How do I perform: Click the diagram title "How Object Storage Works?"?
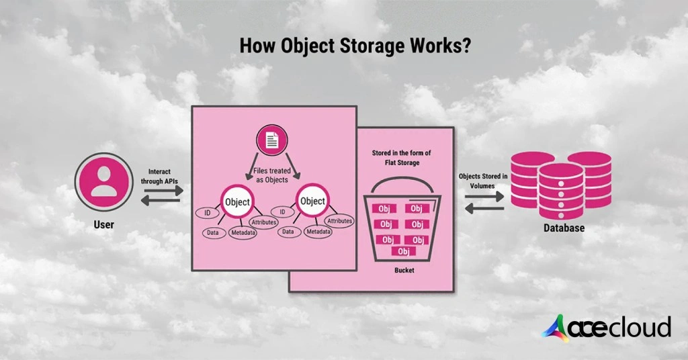coord(344,47)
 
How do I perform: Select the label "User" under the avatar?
coord(103,224)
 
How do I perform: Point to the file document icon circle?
coord(272,141)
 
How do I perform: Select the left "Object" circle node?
coord(236,201)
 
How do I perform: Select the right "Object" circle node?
coord(312,201)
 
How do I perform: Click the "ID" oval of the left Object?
coord(207,212)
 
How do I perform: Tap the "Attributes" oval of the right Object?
coord(339,220)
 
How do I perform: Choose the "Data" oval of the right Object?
coord(288,232)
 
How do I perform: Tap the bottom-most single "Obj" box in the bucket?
coord(403,251)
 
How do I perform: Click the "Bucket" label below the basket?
coord(404,270)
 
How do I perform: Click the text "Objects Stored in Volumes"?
coord(483,181)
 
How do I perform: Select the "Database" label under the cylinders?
coord(564,228)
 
